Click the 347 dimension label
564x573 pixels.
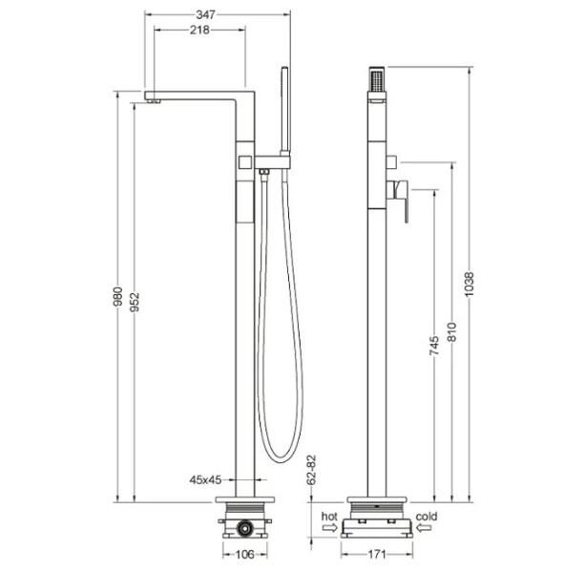pyautogui.click(x=206, y=14)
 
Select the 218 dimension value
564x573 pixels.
pyautogui.click(x=199, y=30)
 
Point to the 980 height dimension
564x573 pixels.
pyautogui.click(x=117, y=296)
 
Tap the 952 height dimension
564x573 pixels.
pyautogui.click(x=135, y=302)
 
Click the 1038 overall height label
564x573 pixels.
pyautogui.click(x=469, y=284)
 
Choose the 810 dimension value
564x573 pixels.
pyautogui.click(x=451, y=331)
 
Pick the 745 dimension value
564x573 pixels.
pyautogui.click(x=434, y=346)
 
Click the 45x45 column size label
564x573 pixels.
pyautogui.click(x=205, y=479)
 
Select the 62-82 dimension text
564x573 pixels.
pyautogui.click(x=311, y=470)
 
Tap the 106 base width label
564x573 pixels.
pyautogui.click(x=244, y=554)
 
